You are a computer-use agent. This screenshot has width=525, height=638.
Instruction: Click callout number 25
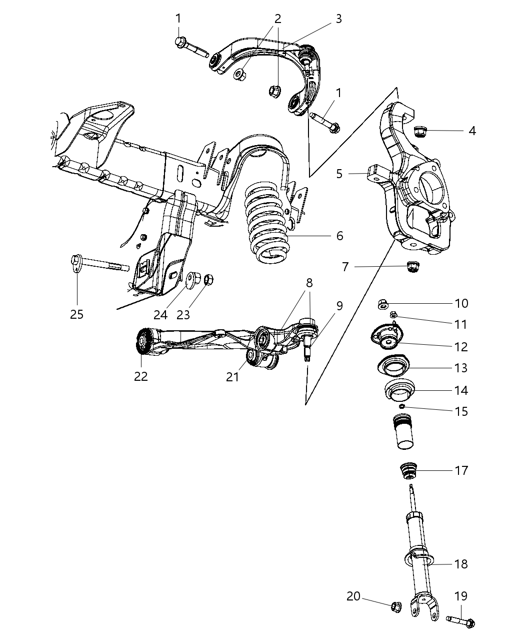(x=76, y=314)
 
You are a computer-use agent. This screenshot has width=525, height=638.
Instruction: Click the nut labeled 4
(x=421, y=132)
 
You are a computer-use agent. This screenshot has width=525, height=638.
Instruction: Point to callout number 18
(x=461, y=564)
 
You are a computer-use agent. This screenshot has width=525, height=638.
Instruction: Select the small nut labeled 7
(x=413, y=267)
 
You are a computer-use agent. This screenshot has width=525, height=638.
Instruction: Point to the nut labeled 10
(x=382, y=303)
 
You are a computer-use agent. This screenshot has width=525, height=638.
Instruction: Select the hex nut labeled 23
(x=209, y=278)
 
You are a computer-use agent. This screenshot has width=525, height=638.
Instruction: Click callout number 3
(x=338, y=19)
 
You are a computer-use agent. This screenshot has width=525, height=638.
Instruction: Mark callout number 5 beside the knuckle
(x=339, y=174)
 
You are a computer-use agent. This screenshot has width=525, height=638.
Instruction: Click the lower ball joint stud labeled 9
(x=308, y=350)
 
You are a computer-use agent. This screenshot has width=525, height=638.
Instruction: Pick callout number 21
(x=232, y=377)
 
